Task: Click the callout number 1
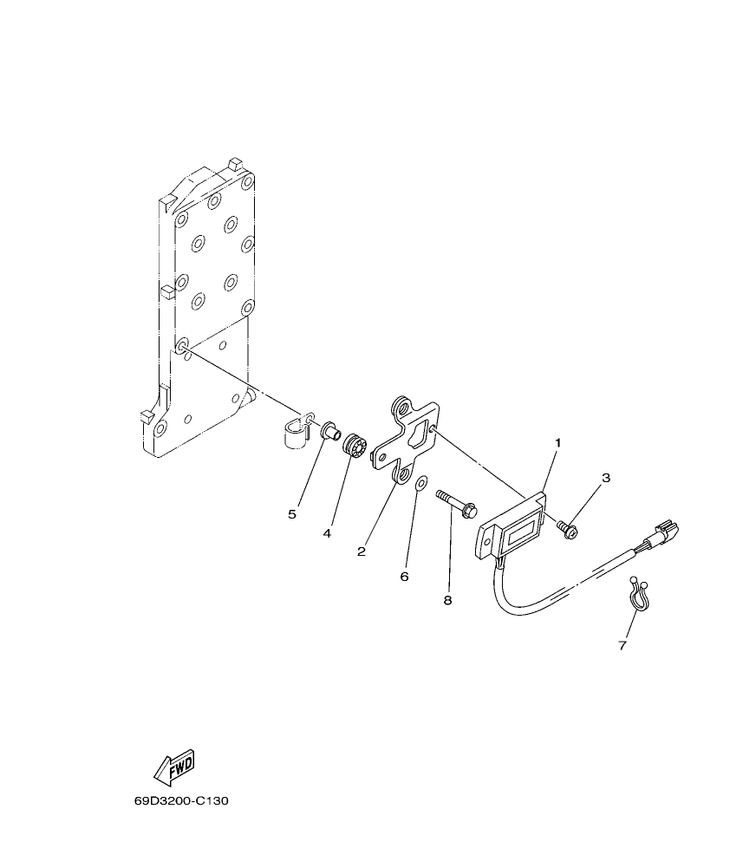pyautogui.click(x=557, y=443)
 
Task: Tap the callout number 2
pyautogui.click(x=362, y=551)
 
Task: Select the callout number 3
pyautogui.click(x=606, y=478)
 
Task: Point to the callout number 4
pyautogui.click(x=327, y=533)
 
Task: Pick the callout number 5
pyautogui.click(x=292, y=514)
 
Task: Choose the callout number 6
pyautogui.click(x=404, y=576)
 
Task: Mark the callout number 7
pyautogui.click(x=622, y=645)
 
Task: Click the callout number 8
pyautogui.click(x=447, y=600)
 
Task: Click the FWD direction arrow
pyautogui.click(x=173, y=766)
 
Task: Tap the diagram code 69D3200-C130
pyautogui.click(x=180, y=801)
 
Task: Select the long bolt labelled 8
pyautogui.click(x=459, y=505)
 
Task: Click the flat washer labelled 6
pyautogui.click(x=420, y=483)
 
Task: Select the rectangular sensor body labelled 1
pyautogui.click(x=512, y=528)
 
